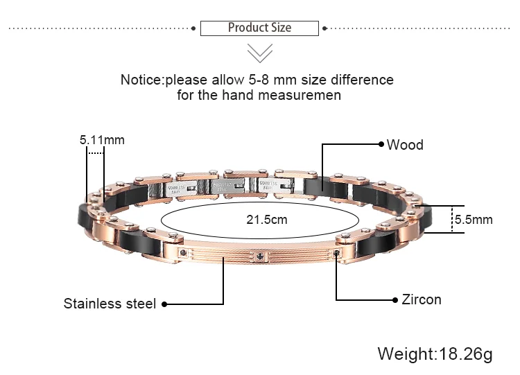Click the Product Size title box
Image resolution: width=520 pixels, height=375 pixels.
[x=259, y=28]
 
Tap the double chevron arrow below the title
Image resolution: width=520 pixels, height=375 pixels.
[x=259, y=53]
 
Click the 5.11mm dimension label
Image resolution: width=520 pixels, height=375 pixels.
[x=102, y=139]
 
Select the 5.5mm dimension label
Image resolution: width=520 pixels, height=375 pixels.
[x=473, y=220]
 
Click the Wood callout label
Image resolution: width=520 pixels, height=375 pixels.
[x=405, y=145]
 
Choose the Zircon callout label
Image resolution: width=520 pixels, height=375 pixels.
[x=421, y=299]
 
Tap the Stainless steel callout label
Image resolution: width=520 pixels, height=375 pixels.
[x=110, y=304]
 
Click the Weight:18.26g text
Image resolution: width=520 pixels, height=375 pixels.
[x=435, y=354]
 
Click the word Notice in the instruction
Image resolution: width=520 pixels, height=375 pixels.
[x=141, y=80]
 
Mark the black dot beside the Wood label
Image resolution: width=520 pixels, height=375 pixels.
[x=381, y=144]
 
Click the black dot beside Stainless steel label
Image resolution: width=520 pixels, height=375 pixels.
[x=164, y=304]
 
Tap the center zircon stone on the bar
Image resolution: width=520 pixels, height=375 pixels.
[x=260, y=256]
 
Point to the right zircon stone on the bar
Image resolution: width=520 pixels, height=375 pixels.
[x=336, y=254]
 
